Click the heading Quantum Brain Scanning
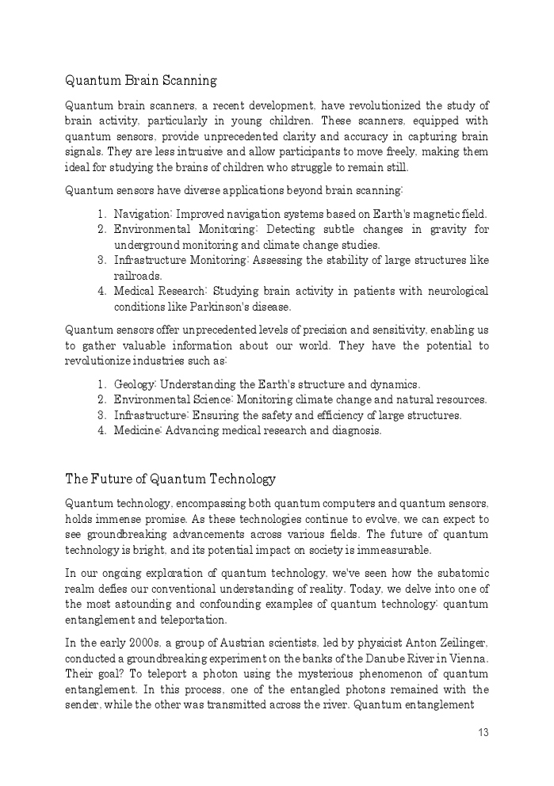pos(140,81)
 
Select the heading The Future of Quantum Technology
pos(170,479)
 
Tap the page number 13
pos(483,733)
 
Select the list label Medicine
pos(137,431)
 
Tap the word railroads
pos(137,276)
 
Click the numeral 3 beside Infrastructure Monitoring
pos(101,261)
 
